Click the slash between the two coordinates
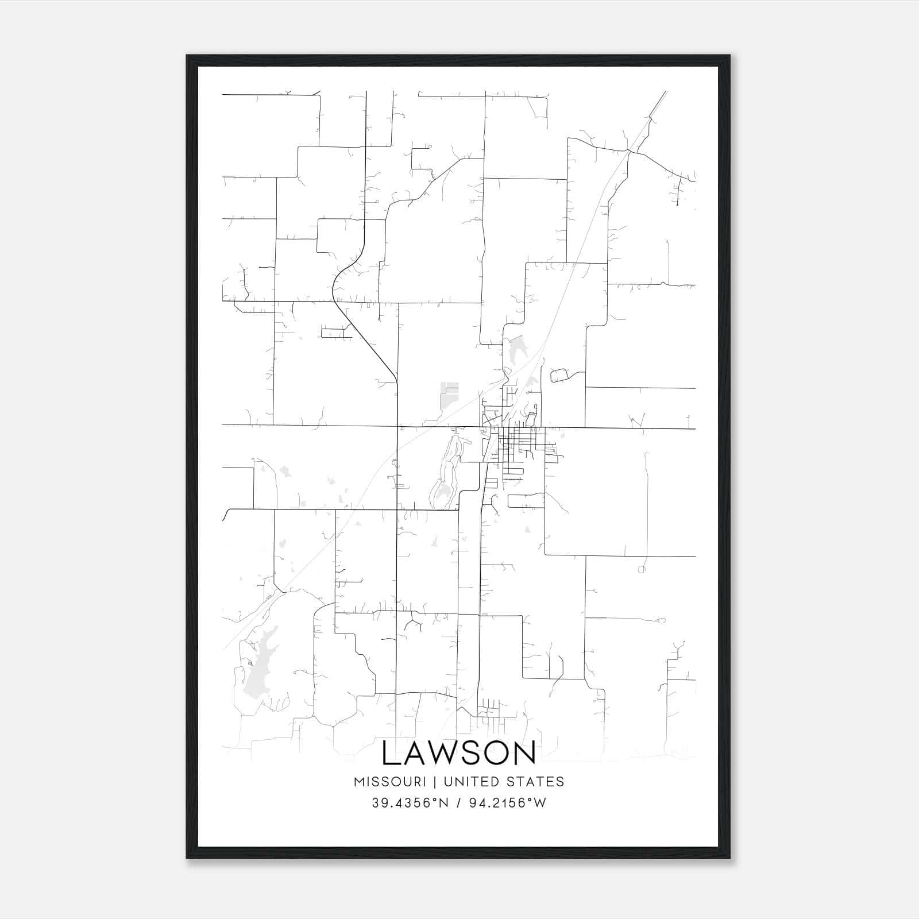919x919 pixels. (458, 803)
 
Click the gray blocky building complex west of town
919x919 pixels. (449, 394)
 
